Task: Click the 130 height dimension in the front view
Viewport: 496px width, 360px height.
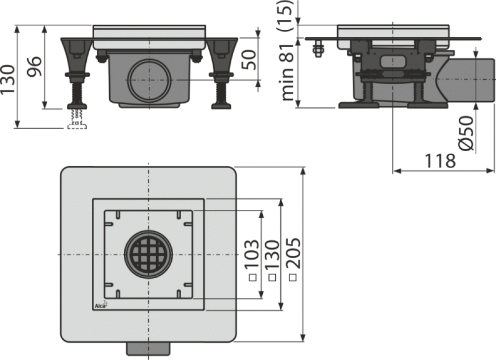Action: (7, 79)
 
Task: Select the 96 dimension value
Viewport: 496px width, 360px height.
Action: (34, 66)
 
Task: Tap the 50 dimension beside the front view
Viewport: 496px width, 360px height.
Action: (248, 60)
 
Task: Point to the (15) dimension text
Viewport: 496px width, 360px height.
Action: (286, 15)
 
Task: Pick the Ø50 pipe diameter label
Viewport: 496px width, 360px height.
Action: (466, 133)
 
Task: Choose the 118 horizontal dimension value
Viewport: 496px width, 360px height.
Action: (440, 161)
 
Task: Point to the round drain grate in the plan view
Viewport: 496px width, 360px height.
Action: (149, 254)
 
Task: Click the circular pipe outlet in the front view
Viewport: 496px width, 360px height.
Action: (149, 80)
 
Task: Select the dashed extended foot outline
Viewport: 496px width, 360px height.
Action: (77, 120)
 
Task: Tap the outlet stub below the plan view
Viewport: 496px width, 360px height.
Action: (148, 349)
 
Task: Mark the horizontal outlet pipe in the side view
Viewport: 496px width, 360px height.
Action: (466, 80)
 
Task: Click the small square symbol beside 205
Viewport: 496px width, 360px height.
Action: (293, 277)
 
